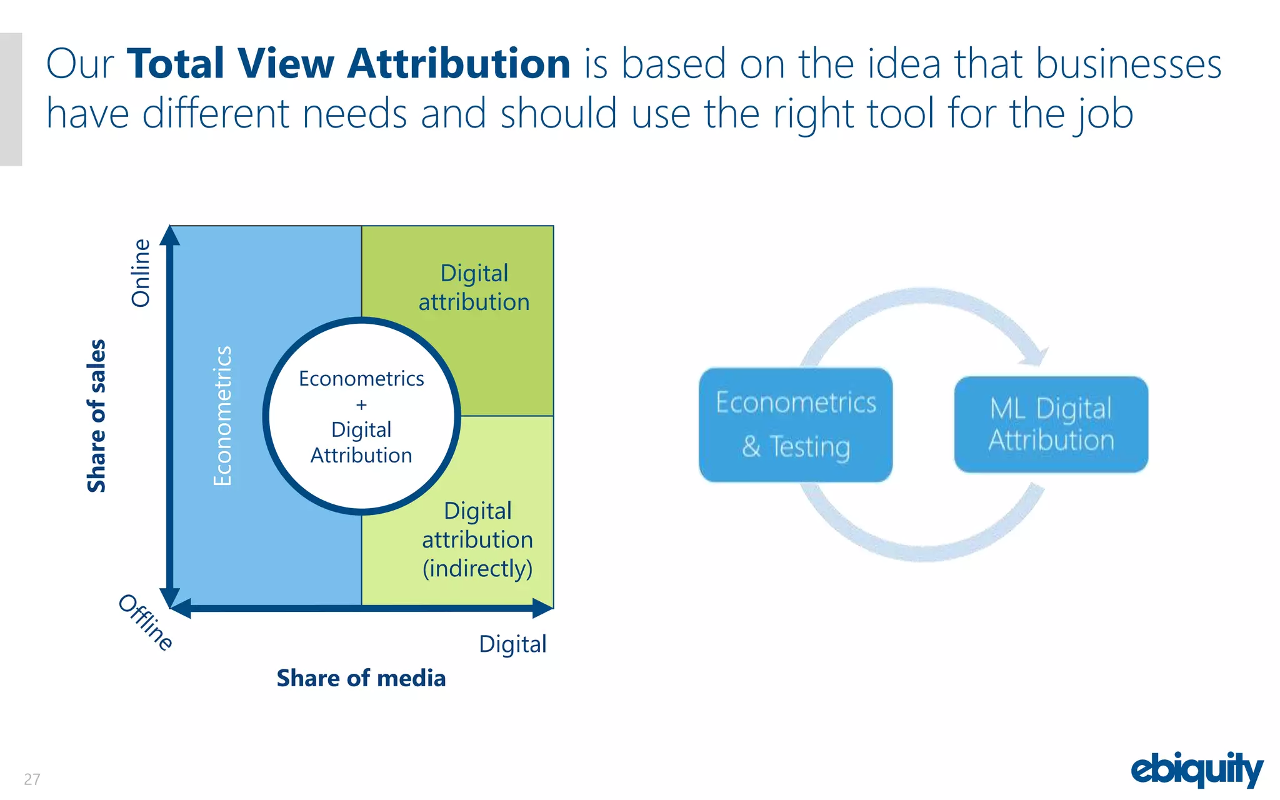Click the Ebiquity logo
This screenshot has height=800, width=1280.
(x=1196, y=769)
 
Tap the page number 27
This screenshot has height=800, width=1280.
(x=32, y=779)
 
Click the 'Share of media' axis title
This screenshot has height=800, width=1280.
(x=361, y=678)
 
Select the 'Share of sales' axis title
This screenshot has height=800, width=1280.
(x=96, y=416)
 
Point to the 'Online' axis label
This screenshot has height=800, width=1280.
(x=141, y=273)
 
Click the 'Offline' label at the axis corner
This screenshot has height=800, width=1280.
(x=146, y=622)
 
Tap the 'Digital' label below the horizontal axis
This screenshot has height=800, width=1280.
(x=512, y=644)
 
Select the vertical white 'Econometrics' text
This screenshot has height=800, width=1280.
(x=222, y=416)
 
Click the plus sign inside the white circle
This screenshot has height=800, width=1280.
(x=361, y=405)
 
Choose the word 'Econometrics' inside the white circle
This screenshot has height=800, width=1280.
(x=361, y=379)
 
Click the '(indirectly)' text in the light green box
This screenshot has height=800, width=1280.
(x=477, y=569)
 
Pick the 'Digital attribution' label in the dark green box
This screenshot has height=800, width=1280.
(x=474, y=287)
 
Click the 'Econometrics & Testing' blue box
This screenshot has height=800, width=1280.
(x=796, y=424)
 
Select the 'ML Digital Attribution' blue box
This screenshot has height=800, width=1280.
(x=1051, y=424)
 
